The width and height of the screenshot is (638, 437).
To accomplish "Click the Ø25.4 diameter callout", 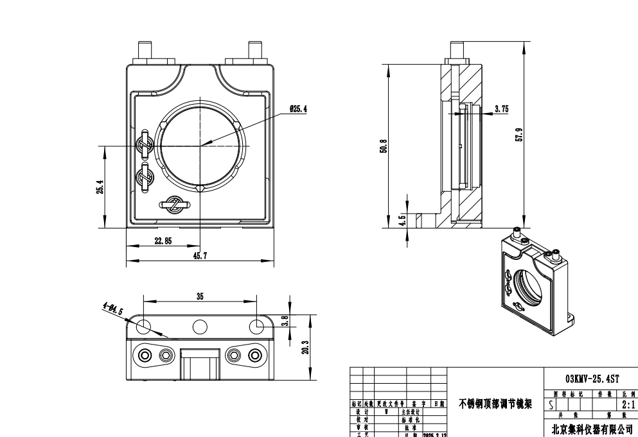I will pyautogui.click(x=298, y=109).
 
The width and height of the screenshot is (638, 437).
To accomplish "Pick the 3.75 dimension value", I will pyautogui.click(x=501, y=109).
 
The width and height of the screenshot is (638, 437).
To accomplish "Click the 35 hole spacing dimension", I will pyautogui.click(x=200, y=296).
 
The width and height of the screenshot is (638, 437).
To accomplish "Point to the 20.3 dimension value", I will pyautogui.click(x=306, y=347).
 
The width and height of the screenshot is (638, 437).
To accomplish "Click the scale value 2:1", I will pyautogui.click(x=628, y=405).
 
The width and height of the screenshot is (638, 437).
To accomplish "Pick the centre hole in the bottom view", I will pyautogui.click(x=200, y=327).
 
